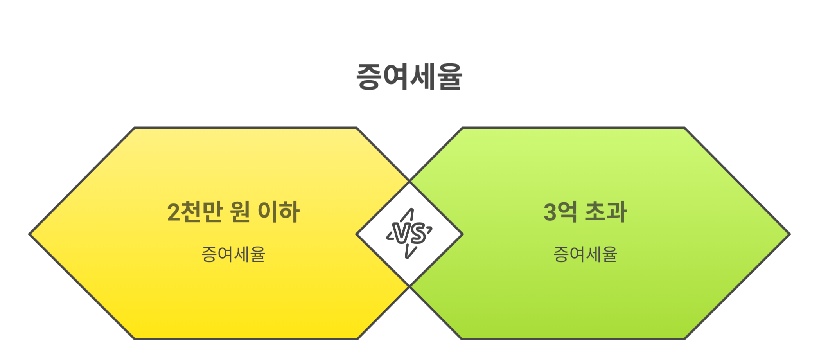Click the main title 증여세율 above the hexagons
click(x=409, y=77)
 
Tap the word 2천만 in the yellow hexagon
click(x=195, y=212)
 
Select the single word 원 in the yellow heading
click(x=240, y=212)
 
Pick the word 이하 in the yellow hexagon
click(x=278, y=212)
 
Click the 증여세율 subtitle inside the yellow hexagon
click(x=233, y=254)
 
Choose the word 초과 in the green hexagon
click(x=605, y=212)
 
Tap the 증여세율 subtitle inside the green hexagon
click(x=585, y=254)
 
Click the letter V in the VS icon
click(x=402, y=234)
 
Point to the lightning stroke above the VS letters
click(x=408, y=215)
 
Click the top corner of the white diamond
click(x=409, y=182)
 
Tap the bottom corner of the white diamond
click(x=409, y=286)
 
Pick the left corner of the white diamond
click(x=357, y=234)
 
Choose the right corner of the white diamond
click(x=463, y=234)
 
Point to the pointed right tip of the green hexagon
click(x=789, y=234)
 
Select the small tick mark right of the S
click(x=429, y=230)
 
